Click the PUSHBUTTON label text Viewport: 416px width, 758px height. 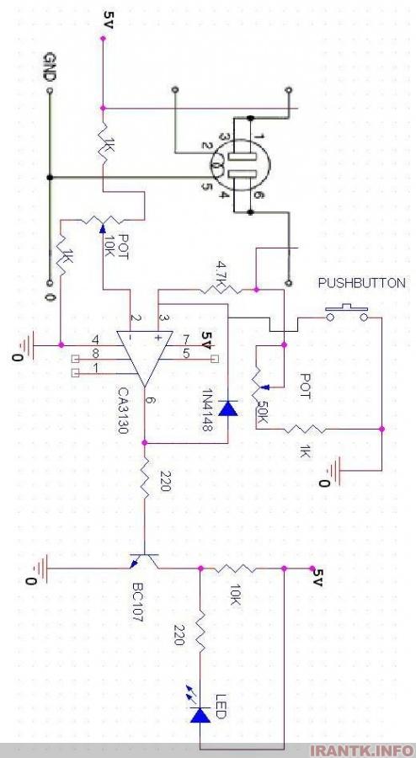click(361, 283)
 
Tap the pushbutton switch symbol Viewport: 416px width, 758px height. click(346, 312)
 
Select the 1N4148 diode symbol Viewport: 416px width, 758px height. click(227, 408)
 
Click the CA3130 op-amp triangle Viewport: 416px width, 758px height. click(147, 359)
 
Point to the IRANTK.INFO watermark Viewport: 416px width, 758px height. click(361, 750)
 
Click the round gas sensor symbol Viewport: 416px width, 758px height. click(240, 166)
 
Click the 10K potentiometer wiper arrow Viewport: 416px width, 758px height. click(103, 228)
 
